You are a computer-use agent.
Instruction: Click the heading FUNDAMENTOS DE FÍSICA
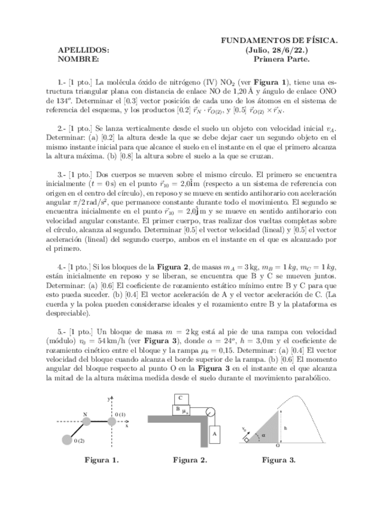(x=279, y=40)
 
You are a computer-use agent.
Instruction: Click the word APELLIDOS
(x=83, y=50)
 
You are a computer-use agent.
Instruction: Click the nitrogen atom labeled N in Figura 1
(x=86, y=422)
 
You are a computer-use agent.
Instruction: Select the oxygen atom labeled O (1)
(x=110, y=422)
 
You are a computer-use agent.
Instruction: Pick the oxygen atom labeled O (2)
(x=67, y=441)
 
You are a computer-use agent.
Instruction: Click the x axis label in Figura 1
(x=127, y=426)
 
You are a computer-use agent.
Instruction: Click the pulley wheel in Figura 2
(x=210, y=412)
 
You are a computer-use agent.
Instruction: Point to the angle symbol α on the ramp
(x=263, y=435)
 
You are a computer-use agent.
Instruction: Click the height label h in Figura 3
(x=286, y=427)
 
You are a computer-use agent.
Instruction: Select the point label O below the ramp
(x=278, y=446)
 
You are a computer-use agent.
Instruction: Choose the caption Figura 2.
(x=190, y=460)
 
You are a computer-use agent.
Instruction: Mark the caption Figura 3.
(x=279, y=460)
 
